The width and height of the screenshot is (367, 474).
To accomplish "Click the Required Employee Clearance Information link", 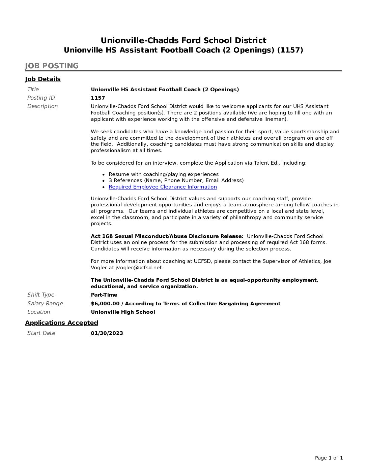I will [x=163, y=187].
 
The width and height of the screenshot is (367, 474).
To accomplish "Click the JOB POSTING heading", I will [x=52, y=66].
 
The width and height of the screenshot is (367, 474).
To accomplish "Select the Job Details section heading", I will [x=43, y=79].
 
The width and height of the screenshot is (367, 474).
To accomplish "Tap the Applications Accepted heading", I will [x=61, y=323].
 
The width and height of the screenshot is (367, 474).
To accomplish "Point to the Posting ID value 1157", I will [x=98, y=98].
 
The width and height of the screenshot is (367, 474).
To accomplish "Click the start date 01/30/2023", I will [x=107, y=333].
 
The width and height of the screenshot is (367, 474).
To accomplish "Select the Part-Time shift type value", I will [x=104, y=295].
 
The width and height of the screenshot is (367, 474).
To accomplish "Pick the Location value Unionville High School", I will [x=123, y=312].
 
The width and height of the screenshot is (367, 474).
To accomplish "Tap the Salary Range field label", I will [x=45, y=304].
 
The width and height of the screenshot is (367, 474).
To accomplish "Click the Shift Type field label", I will [x=41, y=295].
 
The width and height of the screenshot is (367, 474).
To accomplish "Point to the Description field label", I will [x=43, y=106].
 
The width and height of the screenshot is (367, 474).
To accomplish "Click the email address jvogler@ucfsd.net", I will [x=139, y=268].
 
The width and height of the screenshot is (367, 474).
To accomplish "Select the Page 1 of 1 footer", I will [x=329, y=458].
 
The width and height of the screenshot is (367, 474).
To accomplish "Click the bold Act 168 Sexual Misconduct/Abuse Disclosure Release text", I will [x=167, y=236].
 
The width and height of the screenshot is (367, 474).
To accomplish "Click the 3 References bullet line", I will [x=176, y=180].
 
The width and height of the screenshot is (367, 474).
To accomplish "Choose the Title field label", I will [x=33, y=90].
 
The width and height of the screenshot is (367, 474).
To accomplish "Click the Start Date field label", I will [x=41, y=333].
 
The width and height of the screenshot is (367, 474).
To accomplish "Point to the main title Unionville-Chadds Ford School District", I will [x=183, y=41].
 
